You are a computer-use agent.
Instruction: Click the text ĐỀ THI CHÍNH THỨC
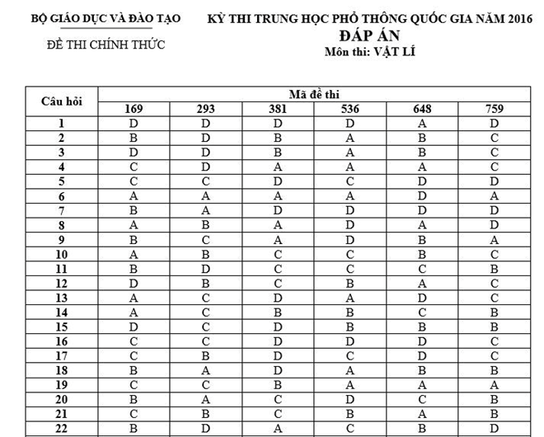(106, 45)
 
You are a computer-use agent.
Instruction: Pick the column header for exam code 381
(278, 109)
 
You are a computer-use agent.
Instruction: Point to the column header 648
(422, 109)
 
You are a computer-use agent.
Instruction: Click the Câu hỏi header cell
(62, 101)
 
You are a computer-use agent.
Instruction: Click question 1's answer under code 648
(422, 124)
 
